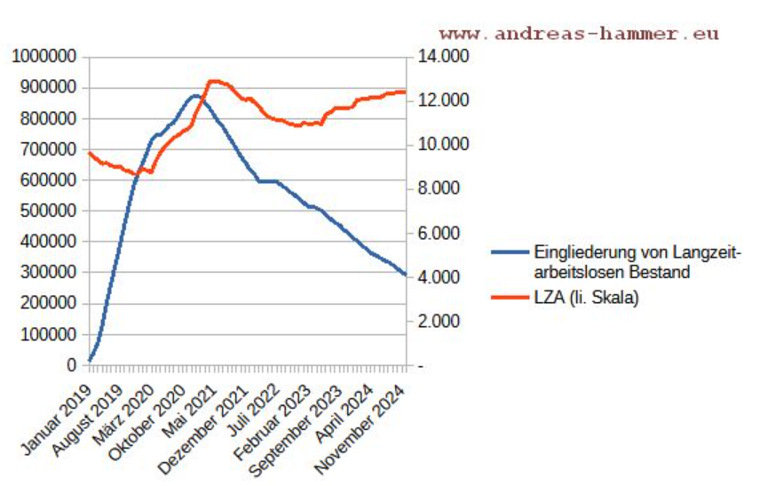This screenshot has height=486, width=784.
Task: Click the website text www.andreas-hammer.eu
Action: point(578,34)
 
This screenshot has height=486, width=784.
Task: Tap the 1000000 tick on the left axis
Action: point(44,57)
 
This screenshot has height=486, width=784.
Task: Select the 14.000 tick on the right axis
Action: point(441,57)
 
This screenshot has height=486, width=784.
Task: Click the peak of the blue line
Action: point(195,95)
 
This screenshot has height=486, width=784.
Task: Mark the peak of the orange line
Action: point(214,81)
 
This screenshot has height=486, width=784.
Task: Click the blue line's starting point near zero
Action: point(90,360)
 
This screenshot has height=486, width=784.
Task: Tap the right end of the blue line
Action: point(405,275)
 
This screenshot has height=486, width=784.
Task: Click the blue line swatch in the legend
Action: point(511,251)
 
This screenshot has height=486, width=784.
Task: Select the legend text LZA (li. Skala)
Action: point(586,298)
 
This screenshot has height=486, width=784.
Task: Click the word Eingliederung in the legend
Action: point(576,251)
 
